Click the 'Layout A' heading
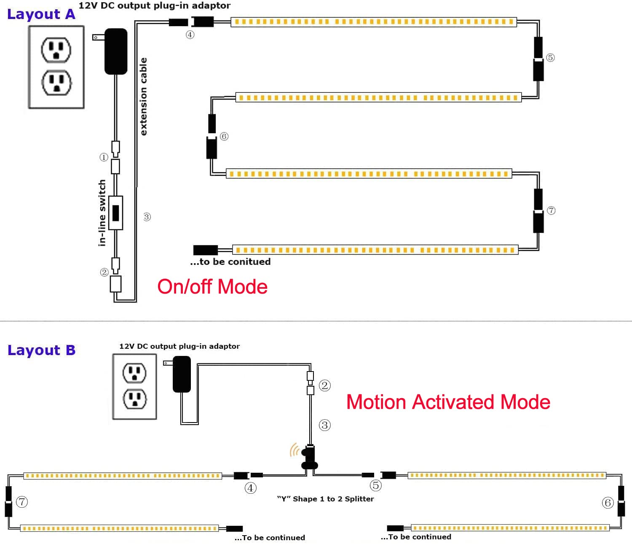[x=41, y=14]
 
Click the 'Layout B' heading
[x=41, y=350]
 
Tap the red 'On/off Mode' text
[x=212, y=287]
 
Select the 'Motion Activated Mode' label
[x=448, y=402]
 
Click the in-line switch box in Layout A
[x=115, y=213]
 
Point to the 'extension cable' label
[x=144, y=97]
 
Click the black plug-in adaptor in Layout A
[x=115, y=51]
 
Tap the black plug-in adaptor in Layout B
[x=182, y=374]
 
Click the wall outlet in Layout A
[x=56, y=67]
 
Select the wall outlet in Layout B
[x=134, y=386]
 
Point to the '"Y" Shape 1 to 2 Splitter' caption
[x=325, y=499]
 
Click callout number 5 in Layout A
[x=550, y=57]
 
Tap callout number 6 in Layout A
[x=224, y=136]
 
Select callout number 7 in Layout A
[x=551, y=210]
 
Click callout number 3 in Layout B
[x=324, y=425]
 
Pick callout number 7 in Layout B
[x=22, y=502]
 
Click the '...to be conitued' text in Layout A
[x=230, y=262]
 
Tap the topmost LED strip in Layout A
[x=374, y=22]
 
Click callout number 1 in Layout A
[x=104, y=157]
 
